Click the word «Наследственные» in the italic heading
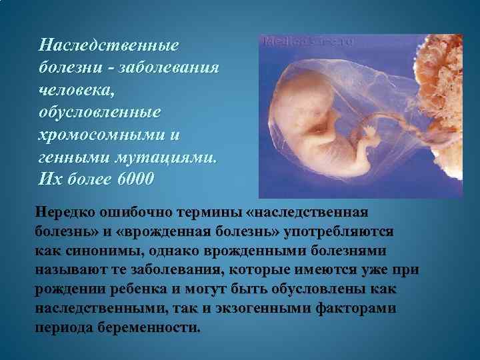click(x=110, y=45)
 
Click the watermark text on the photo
click(x=310, y=41)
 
